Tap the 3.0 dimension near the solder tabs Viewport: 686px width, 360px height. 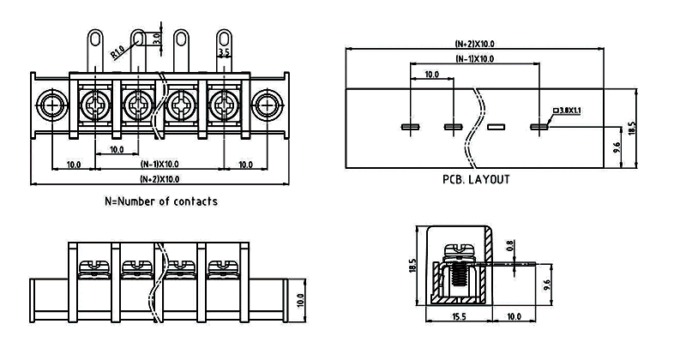pyautogui.click(x=156, y=39)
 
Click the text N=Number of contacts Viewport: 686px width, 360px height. pyautogui.click(x=160, y=201)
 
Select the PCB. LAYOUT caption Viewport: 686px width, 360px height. pyautogui.click(x=476, y=180)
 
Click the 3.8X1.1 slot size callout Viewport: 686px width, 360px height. pyautogui.click(x=568, y=110)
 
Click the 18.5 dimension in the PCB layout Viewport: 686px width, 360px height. pyautogui.click(x=632, y=128)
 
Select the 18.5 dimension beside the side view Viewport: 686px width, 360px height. pyautogui.click(x=412, y=266)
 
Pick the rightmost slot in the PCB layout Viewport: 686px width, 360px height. pyautogui.click(x=539, y=128)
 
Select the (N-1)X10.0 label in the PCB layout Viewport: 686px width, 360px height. pyautogui.click(x=475, y=59)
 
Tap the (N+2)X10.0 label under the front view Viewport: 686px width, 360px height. pyautogui.click(x=159, y=178)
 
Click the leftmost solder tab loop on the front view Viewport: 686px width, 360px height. pyautogui.click(x=95, y=38)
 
